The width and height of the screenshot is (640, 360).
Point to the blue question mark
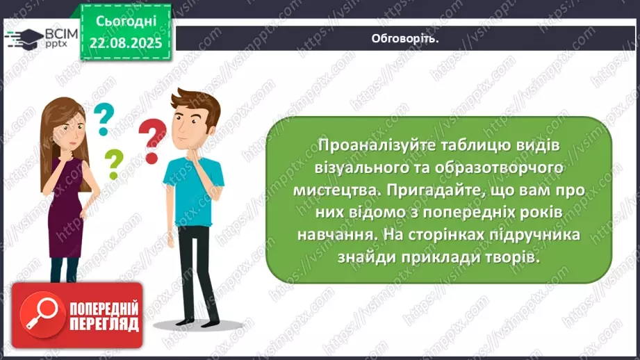click(x=104, y=119)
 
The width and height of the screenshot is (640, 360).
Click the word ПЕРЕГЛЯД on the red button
click(x=104, y=325)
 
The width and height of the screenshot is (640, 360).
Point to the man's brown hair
click(x=197, y=103)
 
